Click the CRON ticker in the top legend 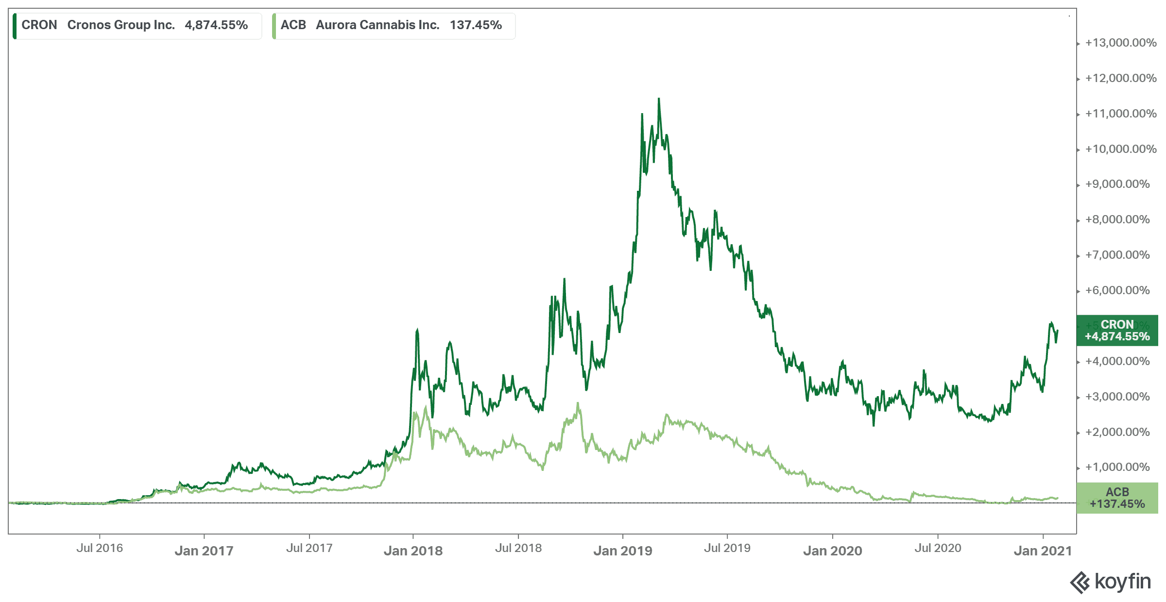coord(39,25)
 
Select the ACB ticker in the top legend coord(293,25)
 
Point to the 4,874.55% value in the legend coord(216,25)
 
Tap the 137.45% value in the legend coord(476,25)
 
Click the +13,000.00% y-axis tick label coord(1120,43)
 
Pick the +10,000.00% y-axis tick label coord(1120,149)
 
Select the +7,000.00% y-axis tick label coord(1117,255)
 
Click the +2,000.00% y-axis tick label coord(1117,432)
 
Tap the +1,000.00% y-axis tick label coord(1117,467)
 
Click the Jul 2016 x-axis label coord(100,548)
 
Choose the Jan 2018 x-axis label coord(413,551)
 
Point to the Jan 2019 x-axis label coord(622,551)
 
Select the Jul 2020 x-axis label coord(938,548)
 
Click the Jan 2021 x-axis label coord(1043,551)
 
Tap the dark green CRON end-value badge coord(1117,331)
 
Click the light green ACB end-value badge coord(1117,498)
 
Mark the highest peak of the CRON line coord(659,99)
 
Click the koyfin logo coord(1111,582)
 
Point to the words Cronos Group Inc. coord(121,25)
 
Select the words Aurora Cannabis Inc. coord(377,25)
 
